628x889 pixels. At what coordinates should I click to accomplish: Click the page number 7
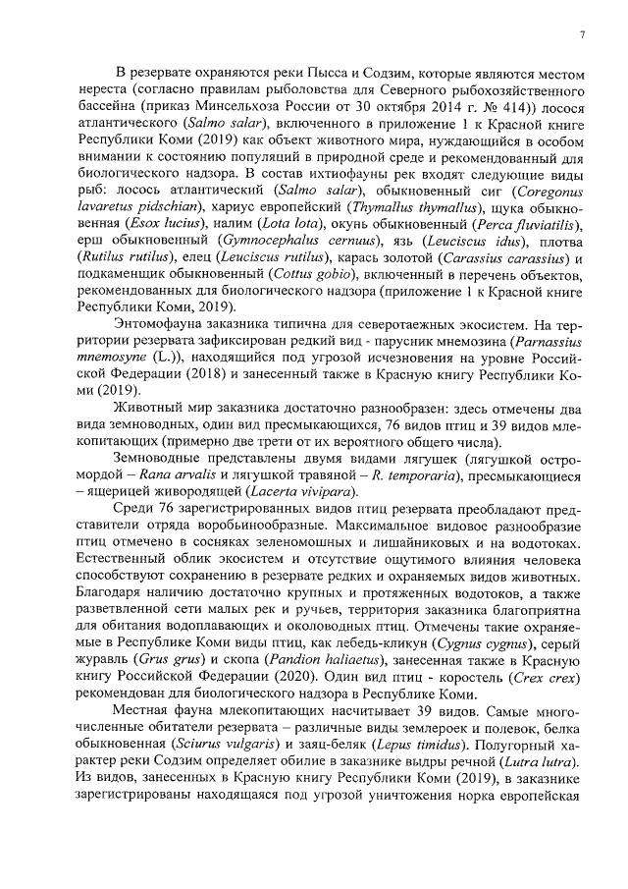(x=581, y=35)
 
